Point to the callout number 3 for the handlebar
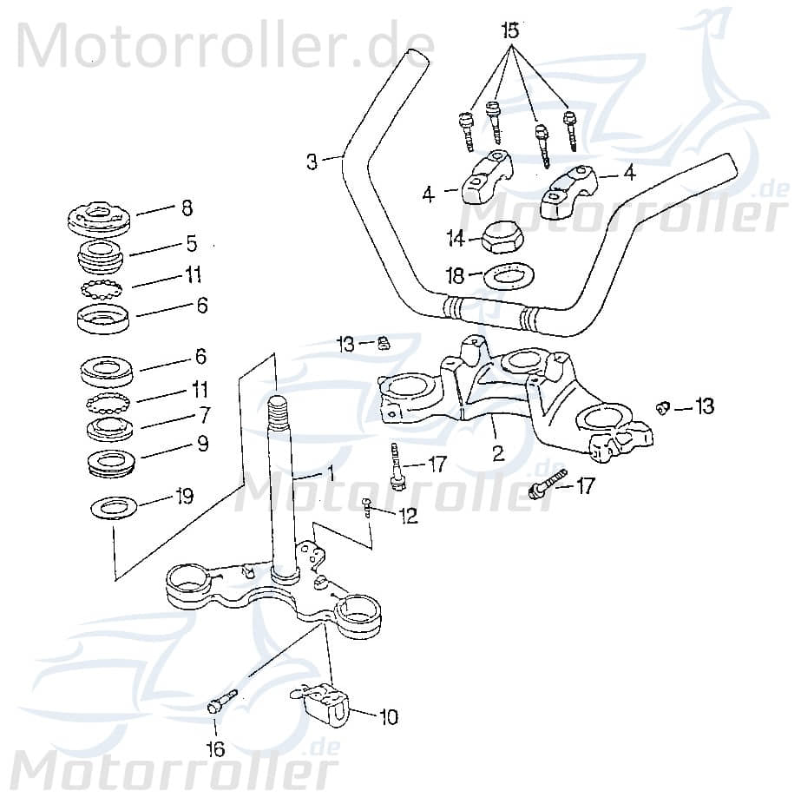(312, 161)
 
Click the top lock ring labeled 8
(99, 217)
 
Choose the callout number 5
(192, 243)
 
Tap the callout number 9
(201, 444)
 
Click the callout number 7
(203, 414)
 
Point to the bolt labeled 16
(222, 700)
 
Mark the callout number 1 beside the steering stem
(329, 475)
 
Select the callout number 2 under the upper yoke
(496, 451)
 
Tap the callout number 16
(214, 748)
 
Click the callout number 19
(183, 497)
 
